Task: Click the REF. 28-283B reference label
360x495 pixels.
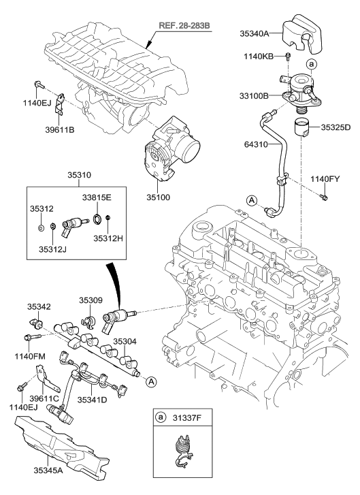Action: point(184,26)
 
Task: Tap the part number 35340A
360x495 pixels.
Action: point(255,33)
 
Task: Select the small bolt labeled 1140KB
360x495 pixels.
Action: point(288,57)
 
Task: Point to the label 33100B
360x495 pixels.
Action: point(254,95)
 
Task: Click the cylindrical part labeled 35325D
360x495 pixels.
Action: point(302,128)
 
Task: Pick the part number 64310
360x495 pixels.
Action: point(256,144)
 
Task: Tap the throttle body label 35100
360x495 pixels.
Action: point(158,197)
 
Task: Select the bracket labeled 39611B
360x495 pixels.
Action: point(60,103)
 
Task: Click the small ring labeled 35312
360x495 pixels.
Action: point(41,227)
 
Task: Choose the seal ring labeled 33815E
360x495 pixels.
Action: point(97,219)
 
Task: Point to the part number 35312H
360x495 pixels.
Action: point(108,238)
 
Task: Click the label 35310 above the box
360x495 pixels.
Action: point(79,175)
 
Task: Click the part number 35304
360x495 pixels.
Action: point(125,341)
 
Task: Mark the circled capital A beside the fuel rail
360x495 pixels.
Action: point(151,382)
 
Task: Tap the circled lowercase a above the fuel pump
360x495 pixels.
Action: point(311,65)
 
